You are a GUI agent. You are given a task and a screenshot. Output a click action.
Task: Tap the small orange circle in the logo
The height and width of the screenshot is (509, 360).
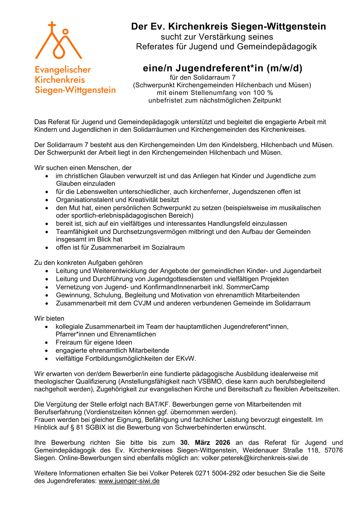click(x=65, y=31)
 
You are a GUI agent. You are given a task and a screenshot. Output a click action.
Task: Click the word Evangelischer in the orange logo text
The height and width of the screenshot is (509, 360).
click(x=63, y=70)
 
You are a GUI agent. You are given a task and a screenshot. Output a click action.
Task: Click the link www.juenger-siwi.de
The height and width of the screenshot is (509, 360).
click(x=129, y=481)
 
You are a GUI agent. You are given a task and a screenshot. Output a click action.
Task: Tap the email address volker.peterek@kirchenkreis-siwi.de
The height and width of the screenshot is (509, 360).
click(x=255, y=458)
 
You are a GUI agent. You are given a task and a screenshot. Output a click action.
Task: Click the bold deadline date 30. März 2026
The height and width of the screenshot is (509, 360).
click(x=205, y=443)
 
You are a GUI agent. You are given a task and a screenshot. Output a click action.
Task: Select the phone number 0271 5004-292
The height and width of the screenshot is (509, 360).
click(x=217, y=473)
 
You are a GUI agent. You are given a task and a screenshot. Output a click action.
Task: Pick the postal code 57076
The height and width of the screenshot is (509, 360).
click(x=334, y=450)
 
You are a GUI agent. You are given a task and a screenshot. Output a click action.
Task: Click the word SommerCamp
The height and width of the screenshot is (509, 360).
click(x=248, y=287)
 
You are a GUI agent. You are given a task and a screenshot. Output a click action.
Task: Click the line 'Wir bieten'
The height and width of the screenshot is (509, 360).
click(x=49, y=318)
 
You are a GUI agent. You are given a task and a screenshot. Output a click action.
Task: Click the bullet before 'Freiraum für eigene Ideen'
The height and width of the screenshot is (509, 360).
click(x=47, y=343)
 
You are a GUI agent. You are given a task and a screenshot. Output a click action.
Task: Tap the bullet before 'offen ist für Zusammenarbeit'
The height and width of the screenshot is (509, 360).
click(x=47, y=248)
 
